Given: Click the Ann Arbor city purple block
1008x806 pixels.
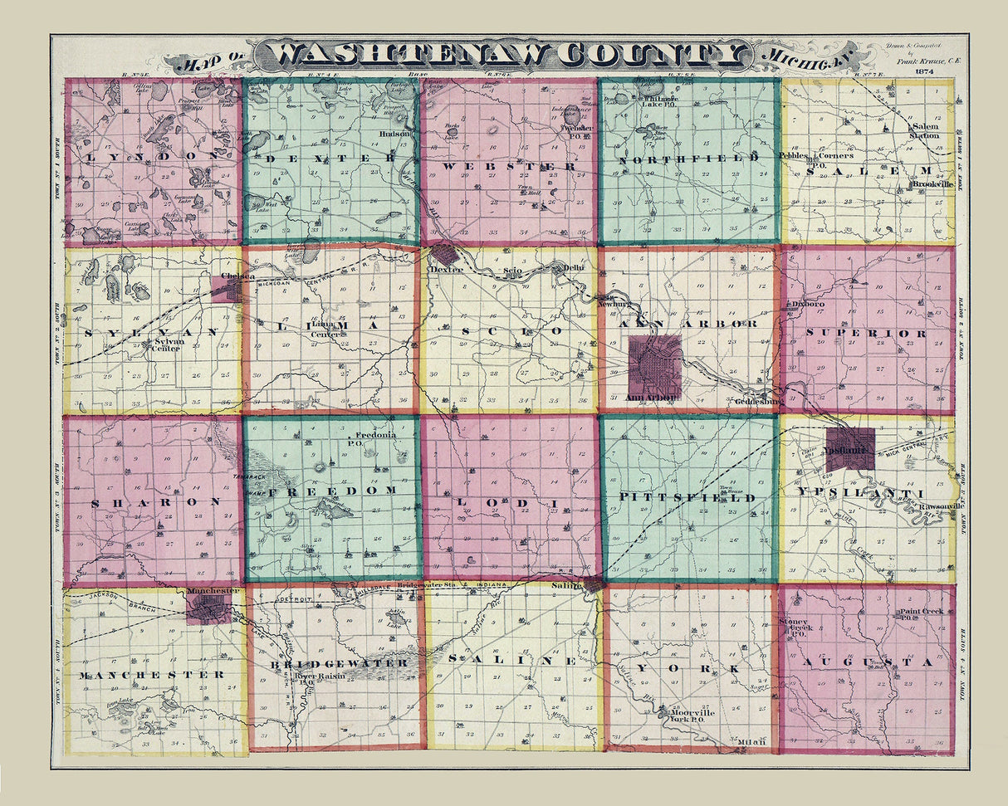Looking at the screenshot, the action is pos(655,366).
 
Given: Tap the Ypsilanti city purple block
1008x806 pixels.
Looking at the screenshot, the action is pos(850,449).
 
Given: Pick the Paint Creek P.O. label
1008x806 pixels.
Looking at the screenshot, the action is pos(918,615).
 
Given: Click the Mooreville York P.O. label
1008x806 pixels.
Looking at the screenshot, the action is pos(686,715).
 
